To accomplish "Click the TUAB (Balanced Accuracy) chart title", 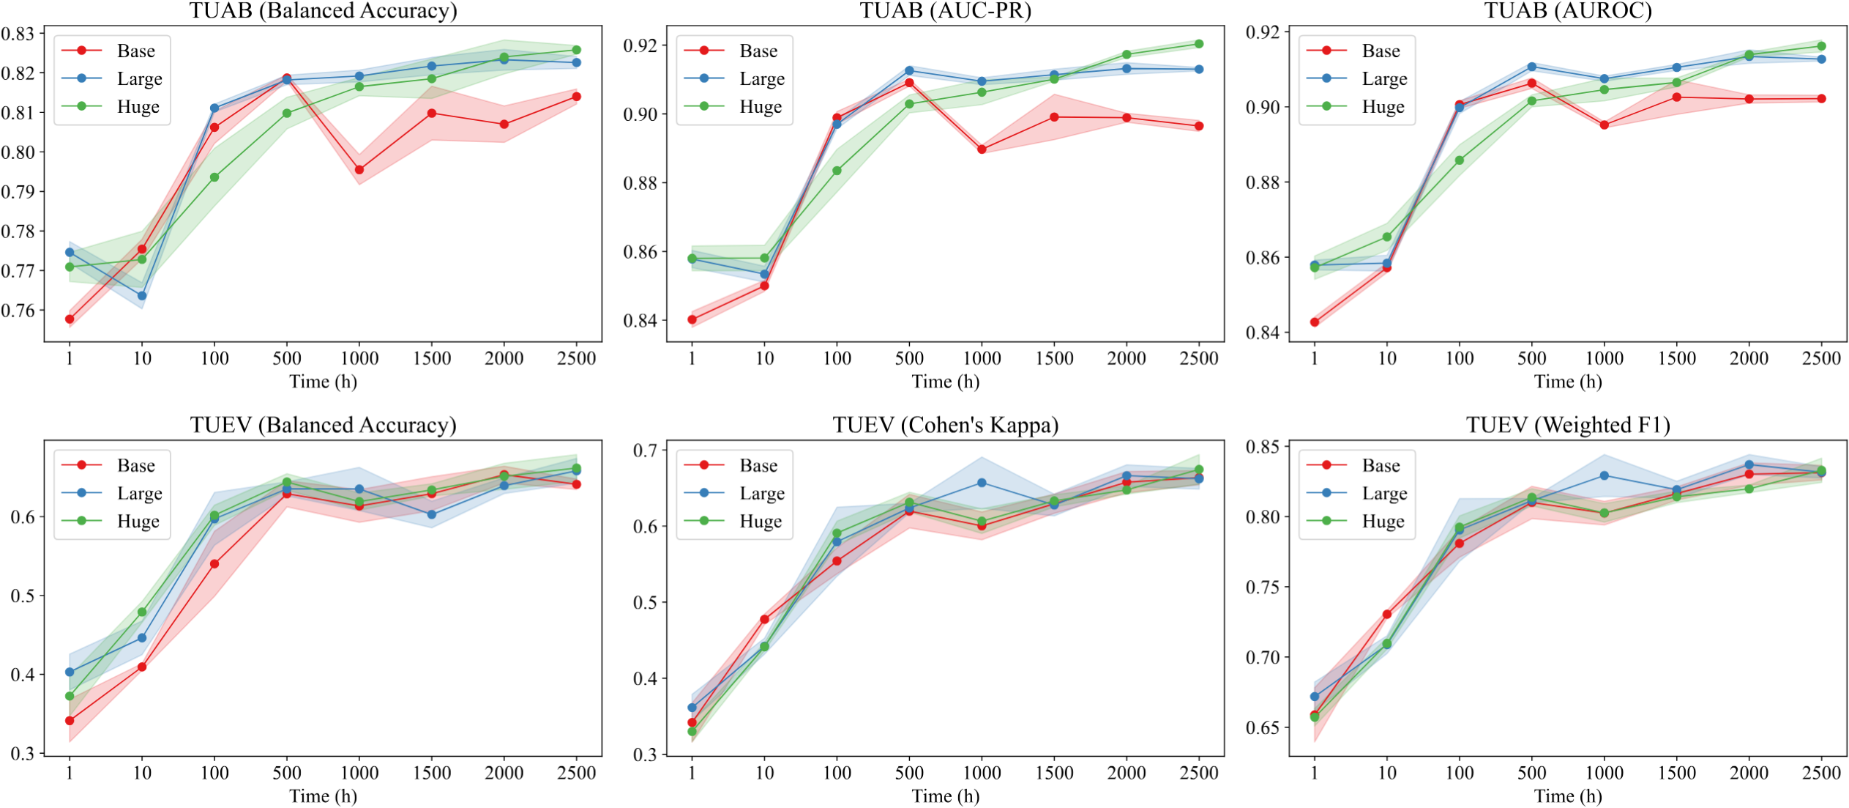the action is tap(323, 10).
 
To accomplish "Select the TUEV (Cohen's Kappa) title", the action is tap(945, 425).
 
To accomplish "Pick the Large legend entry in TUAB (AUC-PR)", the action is tap(734, 78).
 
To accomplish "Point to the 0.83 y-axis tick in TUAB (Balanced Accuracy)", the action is tap(18, 34).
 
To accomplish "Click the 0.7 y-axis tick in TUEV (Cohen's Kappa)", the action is tap(645, 450).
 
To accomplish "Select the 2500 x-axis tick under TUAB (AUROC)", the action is tap(1821, 358).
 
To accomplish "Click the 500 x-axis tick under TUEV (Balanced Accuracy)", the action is tap(287, 773).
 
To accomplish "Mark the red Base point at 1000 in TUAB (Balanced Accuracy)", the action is tap(359, 170).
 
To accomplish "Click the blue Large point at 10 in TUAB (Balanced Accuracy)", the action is tap(142, 296).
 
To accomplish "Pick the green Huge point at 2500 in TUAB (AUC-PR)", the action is tap(1199, 44).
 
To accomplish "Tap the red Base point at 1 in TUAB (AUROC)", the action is tap(1315, 322).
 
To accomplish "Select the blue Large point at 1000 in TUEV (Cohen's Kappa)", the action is tap(982, 483).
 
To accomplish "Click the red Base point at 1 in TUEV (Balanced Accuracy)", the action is tap(70, 721).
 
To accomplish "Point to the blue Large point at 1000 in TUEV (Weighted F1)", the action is tap(1605, 475).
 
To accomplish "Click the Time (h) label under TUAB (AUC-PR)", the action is tap(945, 382).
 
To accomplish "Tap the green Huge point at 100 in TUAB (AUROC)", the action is tap(1460, 160).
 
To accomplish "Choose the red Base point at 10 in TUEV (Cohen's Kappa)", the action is tap(764, 619).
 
